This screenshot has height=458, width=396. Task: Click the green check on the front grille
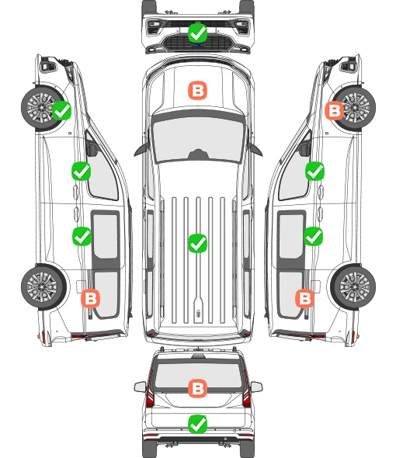[198, 33]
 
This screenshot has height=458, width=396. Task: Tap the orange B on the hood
[197, 90]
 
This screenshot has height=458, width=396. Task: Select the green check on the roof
[197, 243]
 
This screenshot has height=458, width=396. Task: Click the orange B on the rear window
[197, 388]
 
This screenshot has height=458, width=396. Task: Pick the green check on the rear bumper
[197, 424]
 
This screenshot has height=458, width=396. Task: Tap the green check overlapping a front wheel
[61, 110]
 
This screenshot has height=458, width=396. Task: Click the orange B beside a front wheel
[335, 110]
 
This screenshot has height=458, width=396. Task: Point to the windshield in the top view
[198, 139]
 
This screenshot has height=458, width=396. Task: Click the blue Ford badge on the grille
[198, 45]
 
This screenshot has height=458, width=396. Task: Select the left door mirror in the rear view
[140, 387]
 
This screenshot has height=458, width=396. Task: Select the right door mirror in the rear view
[256, 387]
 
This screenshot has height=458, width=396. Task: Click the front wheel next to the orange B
[355, 107]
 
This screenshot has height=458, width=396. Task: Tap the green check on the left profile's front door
[81, 171]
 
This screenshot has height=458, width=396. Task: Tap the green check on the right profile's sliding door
[313, 236]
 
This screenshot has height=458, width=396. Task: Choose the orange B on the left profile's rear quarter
[90, 299]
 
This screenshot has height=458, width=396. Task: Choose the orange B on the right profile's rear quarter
[304, 299]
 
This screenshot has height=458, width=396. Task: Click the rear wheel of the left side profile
[43, 286]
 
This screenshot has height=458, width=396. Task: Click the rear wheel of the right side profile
[354, 286]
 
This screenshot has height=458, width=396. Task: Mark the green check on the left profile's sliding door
[82, 236]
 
